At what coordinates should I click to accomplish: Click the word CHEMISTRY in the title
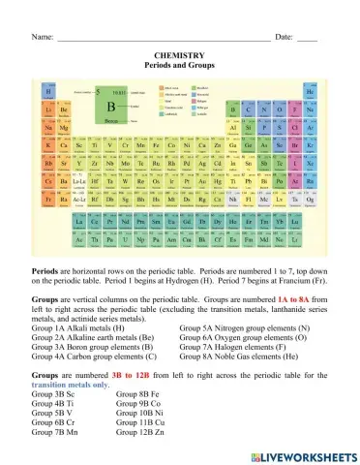[180, 56]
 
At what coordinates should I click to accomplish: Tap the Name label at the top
[42, 36]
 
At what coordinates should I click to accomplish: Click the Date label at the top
[284, 36]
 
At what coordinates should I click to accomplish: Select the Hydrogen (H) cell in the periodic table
[49, 92]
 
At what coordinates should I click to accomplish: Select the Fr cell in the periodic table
[49, 198]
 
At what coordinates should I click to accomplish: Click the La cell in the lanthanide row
[80, 221]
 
